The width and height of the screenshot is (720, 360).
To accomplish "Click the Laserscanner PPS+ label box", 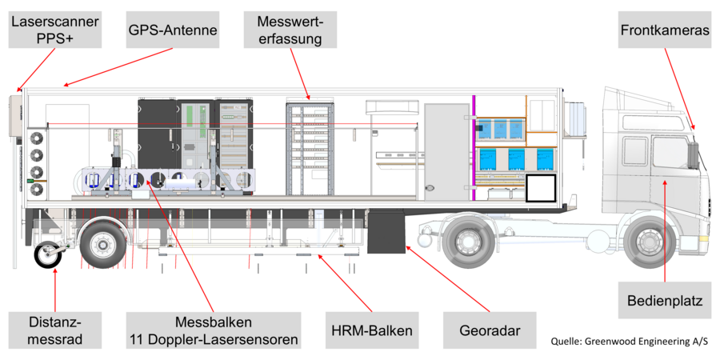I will click(x=54, y=30).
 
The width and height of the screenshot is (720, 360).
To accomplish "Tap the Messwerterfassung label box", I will click(x=291, y=30).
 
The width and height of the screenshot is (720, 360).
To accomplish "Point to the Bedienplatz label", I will click(x=664, y=302).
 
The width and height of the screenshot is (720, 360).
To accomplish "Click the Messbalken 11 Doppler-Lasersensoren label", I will click(x=213, y=330).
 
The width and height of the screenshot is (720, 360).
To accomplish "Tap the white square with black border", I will click(x=541, y=188).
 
